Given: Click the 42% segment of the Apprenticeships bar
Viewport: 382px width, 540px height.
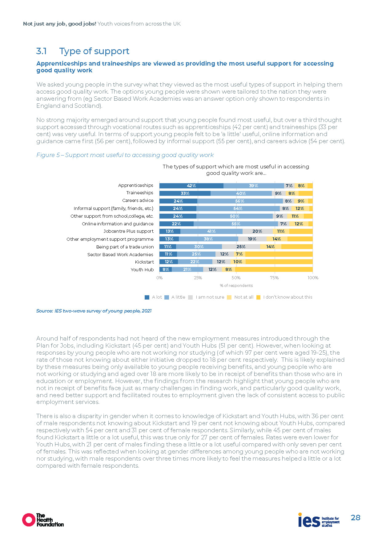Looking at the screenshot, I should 191,186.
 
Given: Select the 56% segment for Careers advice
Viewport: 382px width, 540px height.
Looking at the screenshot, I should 239,201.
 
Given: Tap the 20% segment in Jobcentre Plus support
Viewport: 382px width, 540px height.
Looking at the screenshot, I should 257,231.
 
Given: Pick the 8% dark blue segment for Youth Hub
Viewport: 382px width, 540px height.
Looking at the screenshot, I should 166,269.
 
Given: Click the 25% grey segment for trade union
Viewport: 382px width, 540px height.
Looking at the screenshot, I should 241,247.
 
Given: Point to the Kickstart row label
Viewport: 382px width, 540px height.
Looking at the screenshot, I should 144,262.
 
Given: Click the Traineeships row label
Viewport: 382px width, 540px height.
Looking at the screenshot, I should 140,193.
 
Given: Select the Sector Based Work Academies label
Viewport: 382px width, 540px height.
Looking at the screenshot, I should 120,255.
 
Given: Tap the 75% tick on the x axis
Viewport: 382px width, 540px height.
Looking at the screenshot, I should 274,278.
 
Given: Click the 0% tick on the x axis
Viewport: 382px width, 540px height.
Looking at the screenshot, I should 159,278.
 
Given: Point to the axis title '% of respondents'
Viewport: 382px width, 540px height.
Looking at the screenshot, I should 236,286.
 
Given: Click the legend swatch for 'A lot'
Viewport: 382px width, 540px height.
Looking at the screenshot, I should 147,297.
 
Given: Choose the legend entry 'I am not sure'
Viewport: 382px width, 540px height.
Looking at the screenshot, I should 210,297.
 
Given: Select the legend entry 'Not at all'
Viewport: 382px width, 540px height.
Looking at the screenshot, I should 244,297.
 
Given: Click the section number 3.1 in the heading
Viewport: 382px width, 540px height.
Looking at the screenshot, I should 42,51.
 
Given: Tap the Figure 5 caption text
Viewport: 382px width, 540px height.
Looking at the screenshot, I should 125,155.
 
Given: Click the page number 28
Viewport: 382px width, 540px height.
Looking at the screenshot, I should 356,518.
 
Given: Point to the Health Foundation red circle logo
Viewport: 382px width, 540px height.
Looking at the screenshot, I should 29,520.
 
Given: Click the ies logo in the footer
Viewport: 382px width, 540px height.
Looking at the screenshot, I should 309,520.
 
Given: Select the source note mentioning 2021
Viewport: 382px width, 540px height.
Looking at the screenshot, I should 94,311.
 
